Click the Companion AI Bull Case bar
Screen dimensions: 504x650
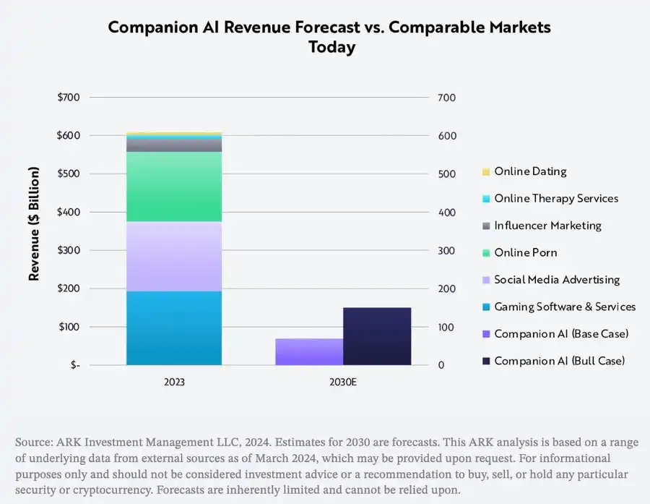click(x=377, y=336)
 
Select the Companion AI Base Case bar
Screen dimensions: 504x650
click(x=309, y=352)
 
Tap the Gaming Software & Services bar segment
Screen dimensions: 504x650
click(x=174, y=328)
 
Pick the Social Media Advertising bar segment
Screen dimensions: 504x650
click(x=174, y=257)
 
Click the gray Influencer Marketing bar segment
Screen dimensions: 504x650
click(x=174, y=145)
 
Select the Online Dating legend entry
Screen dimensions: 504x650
click(x=530, y=172)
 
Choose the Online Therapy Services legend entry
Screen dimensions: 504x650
click(x=556, y=199)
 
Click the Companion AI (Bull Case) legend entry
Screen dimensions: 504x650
click(x=559, y=361)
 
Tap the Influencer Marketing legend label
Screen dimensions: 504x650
click(x=547, y=226)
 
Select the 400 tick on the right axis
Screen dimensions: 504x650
click(x=447, y=213)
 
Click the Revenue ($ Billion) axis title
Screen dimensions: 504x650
click(x=33, y=223)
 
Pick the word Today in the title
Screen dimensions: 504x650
click(x=332, y=47)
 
